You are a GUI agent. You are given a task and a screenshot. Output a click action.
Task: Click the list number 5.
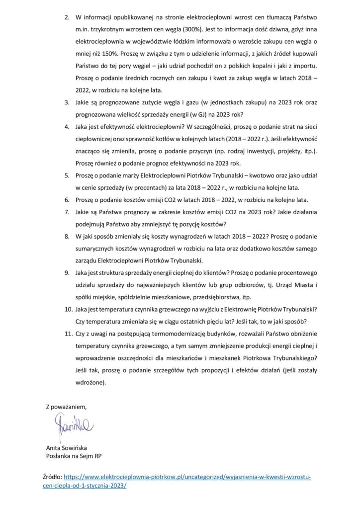69,175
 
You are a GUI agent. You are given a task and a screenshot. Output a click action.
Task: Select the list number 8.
69,236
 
